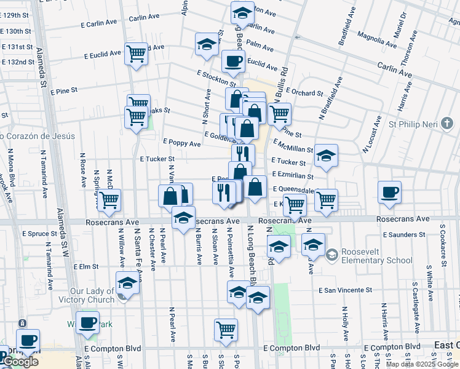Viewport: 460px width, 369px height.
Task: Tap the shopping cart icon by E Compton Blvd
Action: [226, 330]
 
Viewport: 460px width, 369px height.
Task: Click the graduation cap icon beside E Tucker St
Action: [326, 156]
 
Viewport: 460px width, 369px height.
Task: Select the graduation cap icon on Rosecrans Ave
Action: [183, 218]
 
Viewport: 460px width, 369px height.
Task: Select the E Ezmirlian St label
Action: [293, 176]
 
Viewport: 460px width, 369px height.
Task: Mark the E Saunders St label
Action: [400, 234]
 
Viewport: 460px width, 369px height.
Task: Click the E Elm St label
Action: [85, 267]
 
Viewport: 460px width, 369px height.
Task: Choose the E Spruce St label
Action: [39, 234]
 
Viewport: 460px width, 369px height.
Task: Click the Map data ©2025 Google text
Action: [422, 364]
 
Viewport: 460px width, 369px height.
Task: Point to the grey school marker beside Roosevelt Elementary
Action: [332, 254]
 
